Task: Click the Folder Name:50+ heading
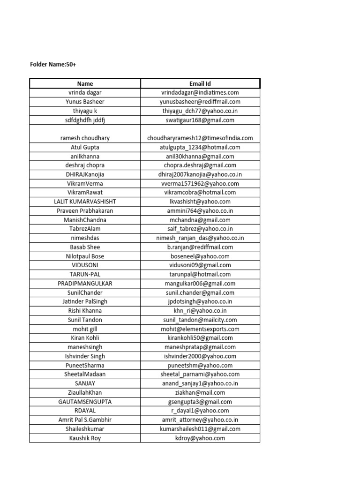point(53,64)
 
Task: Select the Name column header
point(85,83)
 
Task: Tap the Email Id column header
point(200,83)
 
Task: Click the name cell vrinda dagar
point(85,92)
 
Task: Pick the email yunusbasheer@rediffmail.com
point(200,102)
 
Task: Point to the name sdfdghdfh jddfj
point(85,120)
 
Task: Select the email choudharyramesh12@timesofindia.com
point(200,138)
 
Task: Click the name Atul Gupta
point(85,147)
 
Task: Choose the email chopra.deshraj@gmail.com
point(200,165)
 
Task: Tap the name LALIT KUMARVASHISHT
point(85,202)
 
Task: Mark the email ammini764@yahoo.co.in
point(200,210)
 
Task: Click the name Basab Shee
point(85,247)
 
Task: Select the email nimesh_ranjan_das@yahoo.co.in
point(200,238)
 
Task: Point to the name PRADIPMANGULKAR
point(85,284)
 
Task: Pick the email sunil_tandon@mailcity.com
point(200,320)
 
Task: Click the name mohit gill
point(85,329)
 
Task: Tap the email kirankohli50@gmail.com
point(200,338)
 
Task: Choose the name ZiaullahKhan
point(85,392)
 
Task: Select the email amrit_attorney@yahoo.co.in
point(200,420)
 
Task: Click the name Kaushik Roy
point(85,438)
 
